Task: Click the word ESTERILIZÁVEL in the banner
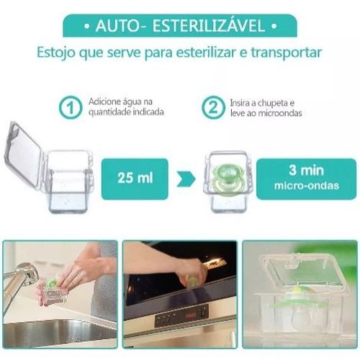click(209, 25)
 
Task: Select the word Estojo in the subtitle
click(56, 53)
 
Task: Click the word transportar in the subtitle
click(287, 53)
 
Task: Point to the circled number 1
click(71, 107)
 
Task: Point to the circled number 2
click(213, 107)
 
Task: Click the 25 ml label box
click(135, 179)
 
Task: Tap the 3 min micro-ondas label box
click(306, 179)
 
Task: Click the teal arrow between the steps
click(186, 179)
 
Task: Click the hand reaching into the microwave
click(192, 272)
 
